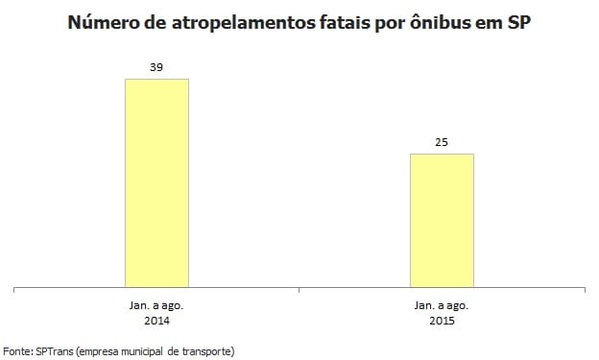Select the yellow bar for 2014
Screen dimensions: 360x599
tap(156, 182)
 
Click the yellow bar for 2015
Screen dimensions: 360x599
tap(442, 220)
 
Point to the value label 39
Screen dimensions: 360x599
tap(156, 67)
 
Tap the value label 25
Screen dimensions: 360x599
tap(442, 142)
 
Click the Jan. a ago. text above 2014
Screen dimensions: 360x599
tap(156, 303)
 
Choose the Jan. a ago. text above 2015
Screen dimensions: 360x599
tap(442, 303)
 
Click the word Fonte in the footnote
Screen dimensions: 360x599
tap(19, 350)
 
